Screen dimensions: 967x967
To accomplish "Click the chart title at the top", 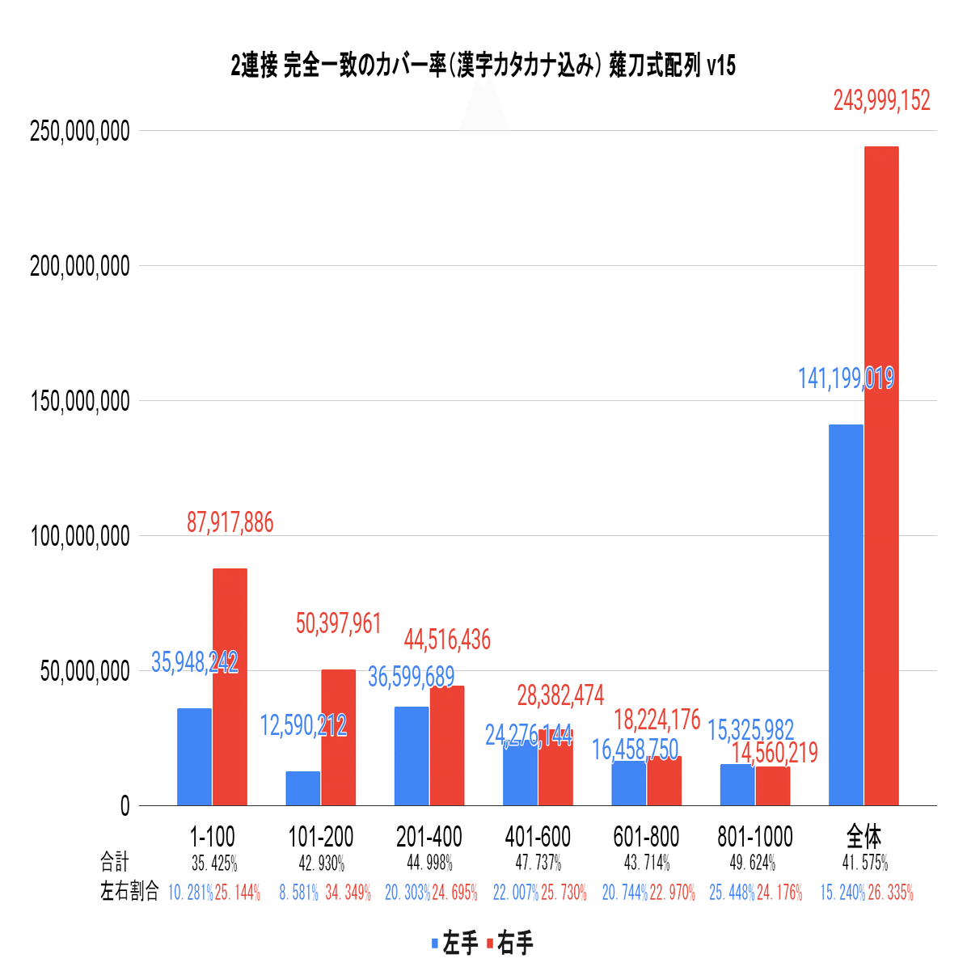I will tap(483, 66).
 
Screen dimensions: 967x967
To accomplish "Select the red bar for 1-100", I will tap(230, 687).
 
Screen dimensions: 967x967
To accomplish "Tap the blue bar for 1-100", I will tap(194, 757).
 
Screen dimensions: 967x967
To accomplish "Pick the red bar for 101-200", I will tap(338, 737).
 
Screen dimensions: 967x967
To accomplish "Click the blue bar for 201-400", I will tap(412, 756).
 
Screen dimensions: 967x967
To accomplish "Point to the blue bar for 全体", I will tap(846, 614).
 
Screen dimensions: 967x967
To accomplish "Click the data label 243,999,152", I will tap(881, 101).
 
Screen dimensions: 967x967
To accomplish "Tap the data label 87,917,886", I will tap(230, 523).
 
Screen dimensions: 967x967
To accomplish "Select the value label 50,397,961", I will tap(338, 623).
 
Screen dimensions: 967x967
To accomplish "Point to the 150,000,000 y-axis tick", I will tap(79, 401).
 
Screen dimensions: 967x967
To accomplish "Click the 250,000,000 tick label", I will tap(79, 131).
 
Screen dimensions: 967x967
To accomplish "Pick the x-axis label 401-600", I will tap(538, 837).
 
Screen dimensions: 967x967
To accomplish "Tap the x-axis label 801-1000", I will tap(754, 837).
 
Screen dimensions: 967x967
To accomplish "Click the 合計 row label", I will tap(114, 862).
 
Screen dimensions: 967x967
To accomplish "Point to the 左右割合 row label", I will tap(129, 893).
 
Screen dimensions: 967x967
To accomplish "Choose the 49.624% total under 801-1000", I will tap(753, 863).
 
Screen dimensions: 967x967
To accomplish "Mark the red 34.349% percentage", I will tap(348, 893).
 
